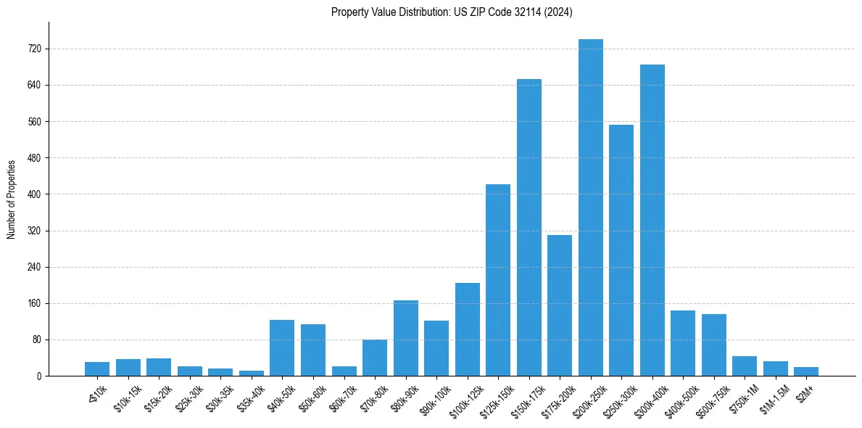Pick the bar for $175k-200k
[560, 305]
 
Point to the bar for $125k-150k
[498, 280]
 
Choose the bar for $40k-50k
[282, 347]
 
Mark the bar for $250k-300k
[621, 250]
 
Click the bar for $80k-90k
[406, 338]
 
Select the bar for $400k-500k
[683, 343]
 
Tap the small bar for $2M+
[806, 371]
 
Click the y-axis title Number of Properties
[11, 199]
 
